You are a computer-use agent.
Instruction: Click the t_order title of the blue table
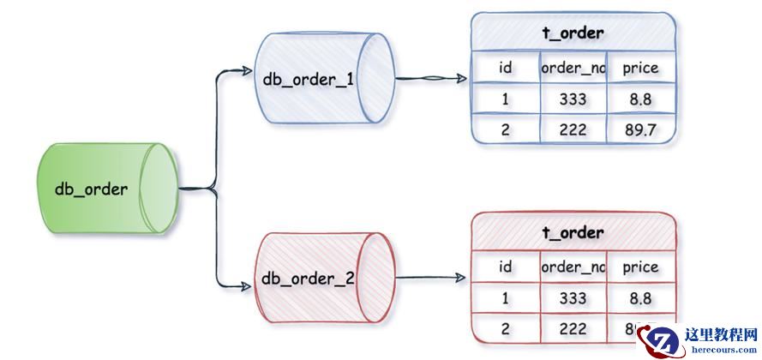(573, 33)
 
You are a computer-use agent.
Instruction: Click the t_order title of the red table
(573, 232)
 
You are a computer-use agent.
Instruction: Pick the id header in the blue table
(506, 69)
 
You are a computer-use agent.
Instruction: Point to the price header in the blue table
(640, 69)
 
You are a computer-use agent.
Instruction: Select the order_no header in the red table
(573, 267)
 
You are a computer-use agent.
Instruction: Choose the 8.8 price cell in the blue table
(640, 99)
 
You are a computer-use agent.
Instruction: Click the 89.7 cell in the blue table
(640, 129)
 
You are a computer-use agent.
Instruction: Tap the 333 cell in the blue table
(573, 99)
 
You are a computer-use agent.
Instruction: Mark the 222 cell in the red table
(573, 328)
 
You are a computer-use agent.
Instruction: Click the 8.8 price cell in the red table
(640, 298)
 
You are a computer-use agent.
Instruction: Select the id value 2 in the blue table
(506, 129)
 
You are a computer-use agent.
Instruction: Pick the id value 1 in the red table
(506, 298)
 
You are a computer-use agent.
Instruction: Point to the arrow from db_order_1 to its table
(433, 80)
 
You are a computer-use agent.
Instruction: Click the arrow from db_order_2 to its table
(433, 278)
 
